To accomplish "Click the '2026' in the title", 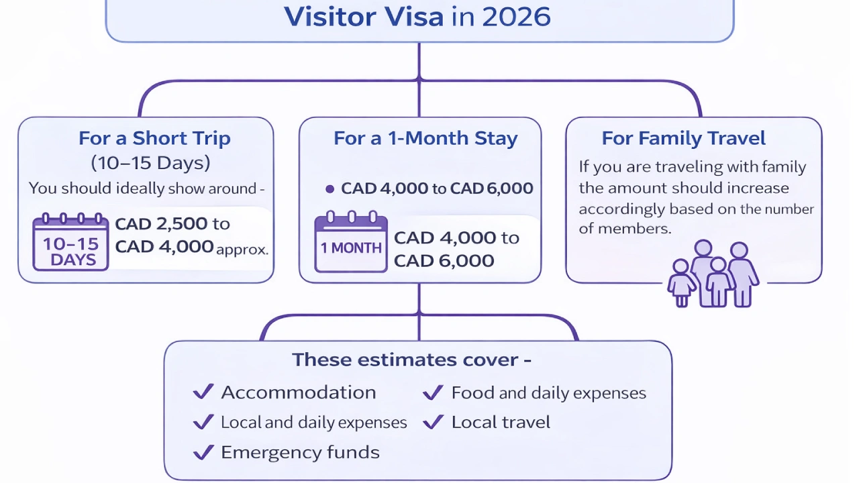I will pyautogui.click(x=515, y=16).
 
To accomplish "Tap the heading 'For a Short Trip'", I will pyautogui.click(x=154, y=138).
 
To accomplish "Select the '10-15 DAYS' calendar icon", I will pyautogui.click(x=70, y=242).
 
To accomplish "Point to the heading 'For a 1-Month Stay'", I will pyautogui.click(x=425, y=138).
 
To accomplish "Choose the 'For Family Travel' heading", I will pyautogui.click(x=683, y=138).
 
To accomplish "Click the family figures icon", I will pyautogui.click(x=713, y=274).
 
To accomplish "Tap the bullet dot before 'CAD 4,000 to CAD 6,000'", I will pyautogui.click(x=330, y=189).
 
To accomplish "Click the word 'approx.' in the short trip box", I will pyautogui.click(x=242, y=250).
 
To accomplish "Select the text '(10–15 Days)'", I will pyautogui.click(x=150, y=162).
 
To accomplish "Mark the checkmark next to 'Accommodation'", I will pyautogui.click(x=203, y=392).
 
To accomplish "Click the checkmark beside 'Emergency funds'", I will pyautogui.click(x=203, y=452).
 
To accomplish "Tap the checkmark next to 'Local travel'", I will pyautogui.click(x=433, y=422).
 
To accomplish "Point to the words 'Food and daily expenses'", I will pyautogui.click(x=548, y=392).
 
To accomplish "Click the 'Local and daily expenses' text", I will pyautogui.click(x=313, y=423).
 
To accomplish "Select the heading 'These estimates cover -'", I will pyautogui.click(x=411, y=360).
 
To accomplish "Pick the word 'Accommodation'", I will pyautogui.click(x=298, y=392).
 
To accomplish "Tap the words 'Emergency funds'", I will pyautogui.click(x=300, y=452).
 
